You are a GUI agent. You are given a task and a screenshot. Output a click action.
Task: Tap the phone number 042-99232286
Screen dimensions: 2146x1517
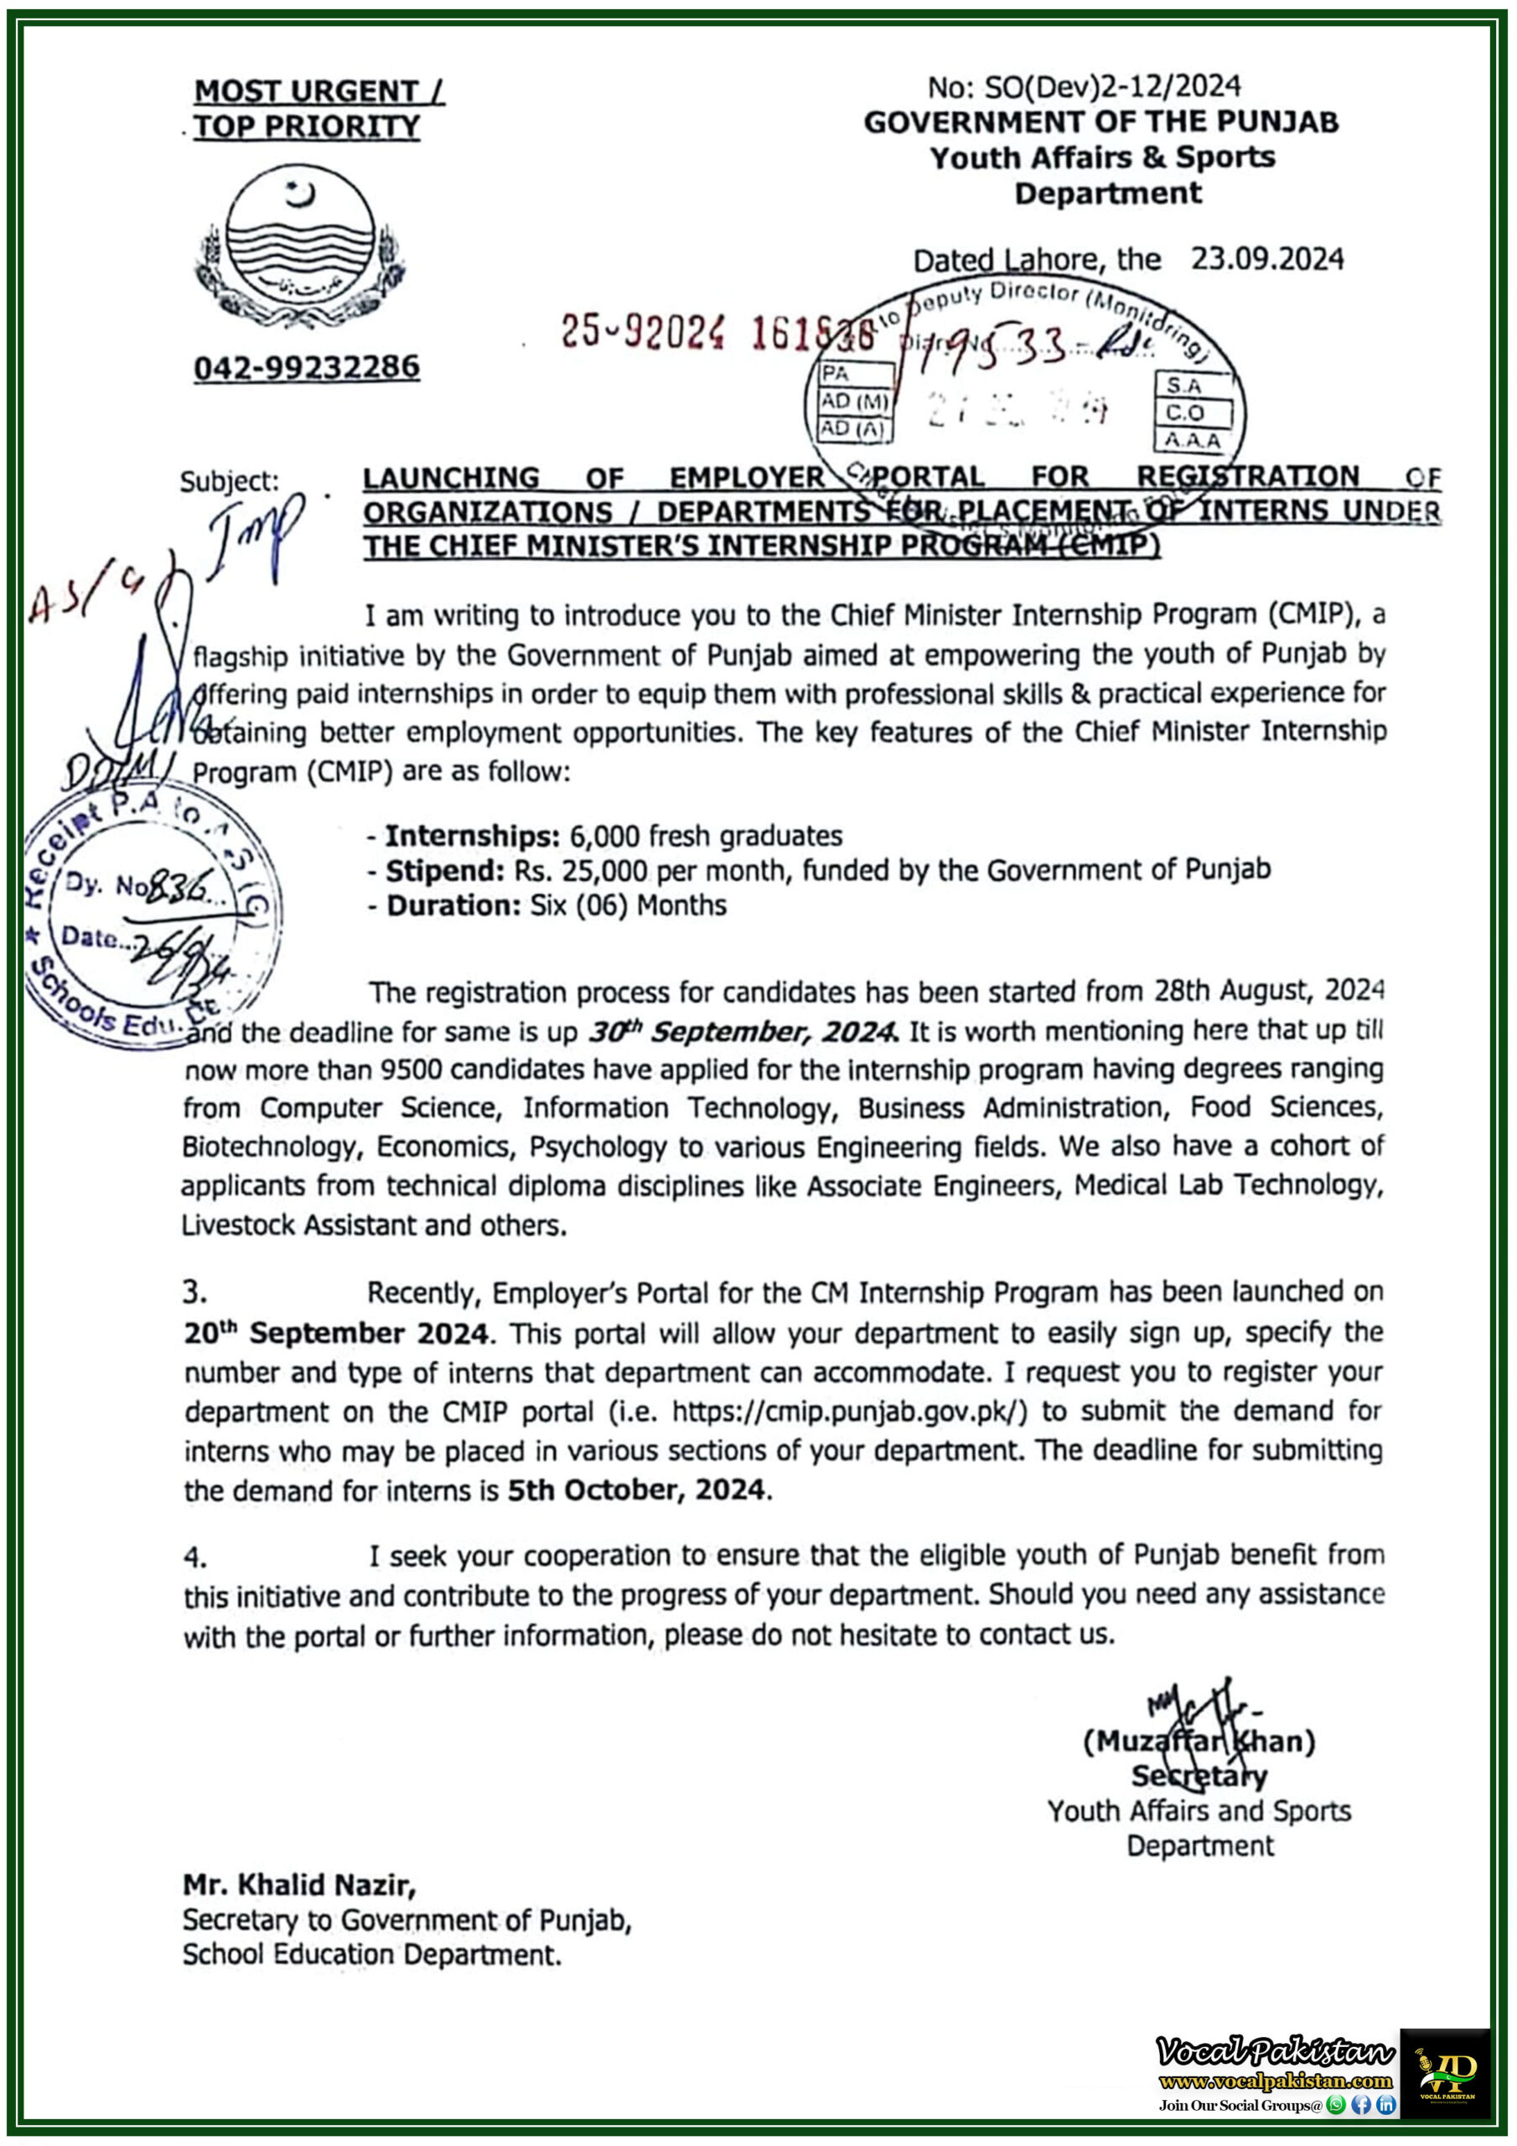click(307, 367)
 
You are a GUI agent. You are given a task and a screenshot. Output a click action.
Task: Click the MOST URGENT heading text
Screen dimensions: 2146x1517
click(318, 91)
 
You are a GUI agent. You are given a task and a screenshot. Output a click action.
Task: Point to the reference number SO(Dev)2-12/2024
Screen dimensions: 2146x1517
click(1111, 87)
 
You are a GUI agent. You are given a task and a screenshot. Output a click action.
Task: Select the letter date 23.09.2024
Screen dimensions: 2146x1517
click(1266, 259)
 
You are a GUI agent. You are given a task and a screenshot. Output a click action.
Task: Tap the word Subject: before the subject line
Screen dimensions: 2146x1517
click(230, 481)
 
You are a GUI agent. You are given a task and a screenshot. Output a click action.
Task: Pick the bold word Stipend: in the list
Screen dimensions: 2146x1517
click(445, 870)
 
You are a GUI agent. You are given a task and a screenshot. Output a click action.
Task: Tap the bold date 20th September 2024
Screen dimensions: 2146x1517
click(335, 1333)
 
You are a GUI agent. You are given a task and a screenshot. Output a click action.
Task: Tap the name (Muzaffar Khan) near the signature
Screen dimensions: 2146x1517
click(1199, 1741)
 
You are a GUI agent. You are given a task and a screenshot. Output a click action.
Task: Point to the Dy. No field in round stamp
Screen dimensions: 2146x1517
click(140, 885)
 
